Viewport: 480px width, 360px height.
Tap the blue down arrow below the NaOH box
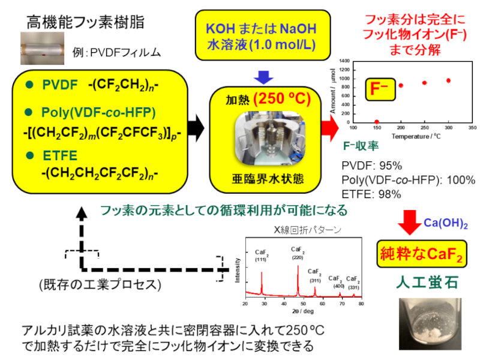pos(264,77)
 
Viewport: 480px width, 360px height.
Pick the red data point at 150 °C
pos(377,122)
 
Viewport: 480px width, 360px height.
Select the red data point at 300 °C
pos(448,80)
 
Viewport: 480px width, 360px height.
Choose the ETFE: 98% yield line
pos(371,193)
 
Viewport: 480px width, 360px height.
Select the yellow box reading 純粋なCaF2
pos(420,254)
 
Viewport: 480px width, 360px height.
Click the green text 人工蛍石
pos(420,282)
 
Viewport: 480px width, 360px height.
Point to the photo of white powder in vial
pos(424,324)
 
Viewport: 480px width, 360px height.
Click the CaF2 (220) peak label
pos(298,253)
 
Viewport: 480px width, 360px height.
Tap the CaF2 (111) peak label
pos(262,256)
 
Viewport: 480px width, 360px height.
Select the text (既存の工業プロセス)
pos(100,284)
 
